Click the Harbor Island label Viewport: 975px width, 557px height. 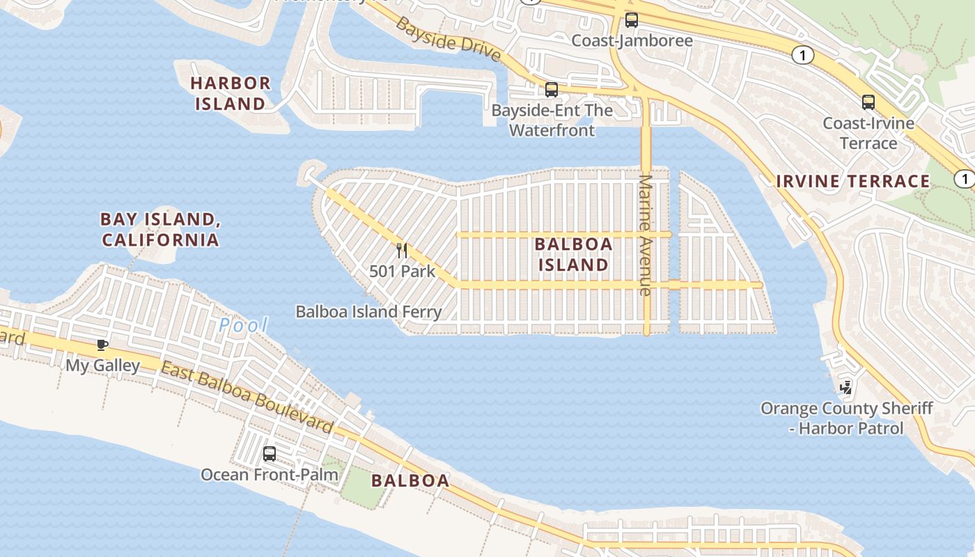point(231,93)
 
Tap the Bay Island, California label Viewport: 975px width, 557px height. point(160,230)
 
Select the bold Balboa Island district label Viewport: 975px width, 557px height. point(574,254)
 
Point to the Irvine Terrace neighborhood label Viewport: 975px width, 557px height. point(853,182)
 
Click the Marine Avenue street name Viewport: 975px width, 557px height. point(646,235)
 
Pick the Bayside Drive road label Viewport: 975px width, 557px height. point(448,38)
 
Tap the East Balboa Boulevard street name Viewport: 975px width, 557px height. point(247,396)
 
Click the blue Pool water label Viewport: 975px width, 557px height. point(243,324)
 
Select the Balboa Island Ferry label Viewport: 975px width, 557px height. point(368,311)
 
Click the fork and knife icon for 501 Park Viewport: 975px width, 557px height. point(402,251)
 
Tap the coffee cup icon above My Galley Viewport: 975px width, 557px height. point(102,345)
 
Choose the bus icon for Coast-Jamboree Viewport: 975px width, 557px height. point(632,20)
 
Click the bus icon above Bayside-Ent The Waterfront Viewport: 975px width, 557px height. point(552,90)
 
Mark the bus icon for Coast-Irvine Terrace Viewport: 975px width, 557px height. point(868,102)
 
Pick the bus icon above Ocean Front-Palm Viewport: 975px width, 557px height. point(270,454)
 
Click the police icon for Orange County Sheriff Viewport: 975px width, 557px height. point(846,387)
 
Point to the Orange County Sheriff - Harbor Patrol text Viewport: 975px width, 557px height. point(846,418)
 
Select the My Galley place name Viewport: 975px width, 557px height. point(102,365)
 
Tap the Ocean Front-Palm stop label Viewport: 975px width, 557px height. point(270,475)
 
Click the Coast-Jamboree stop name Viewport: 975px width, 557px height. point(632,40)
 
